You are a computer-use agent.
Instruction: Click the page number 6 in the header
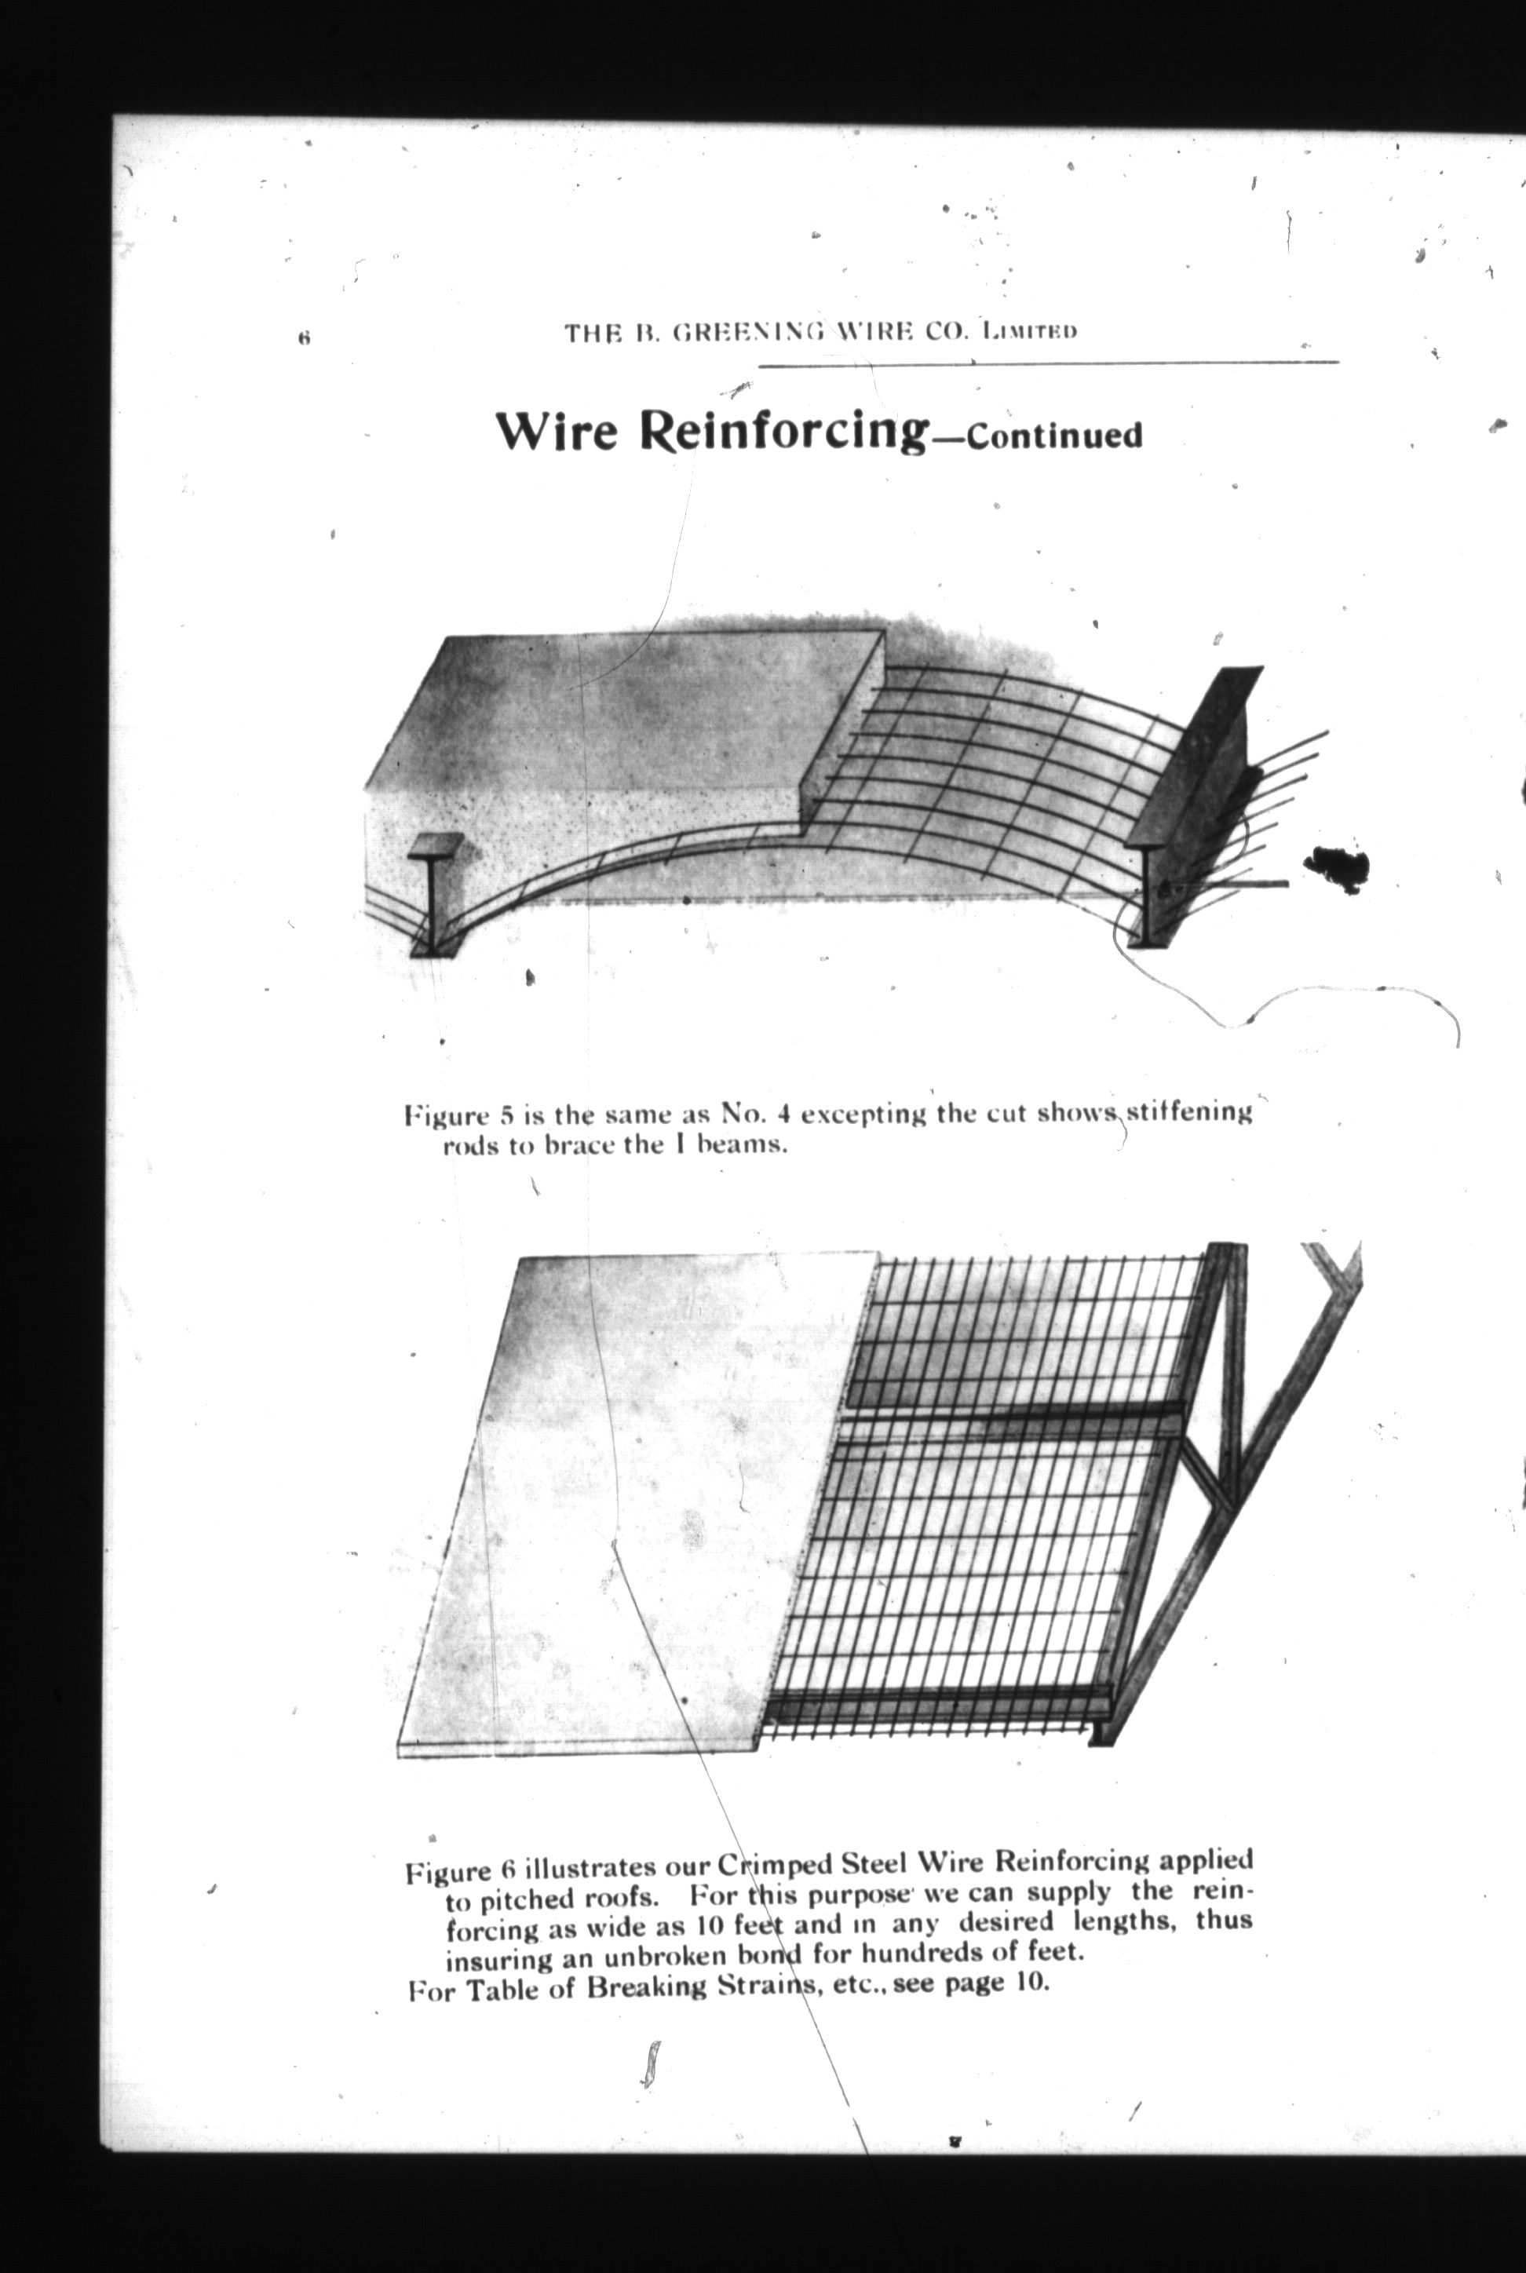pyautogui.click(x=305, y=338)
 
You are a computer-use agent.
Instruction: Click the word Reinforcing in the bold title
pyautogui.click(x=783, y=431)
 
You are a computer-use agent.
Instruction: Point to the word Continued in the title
pyautogui.click(x=1054, y=435)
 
